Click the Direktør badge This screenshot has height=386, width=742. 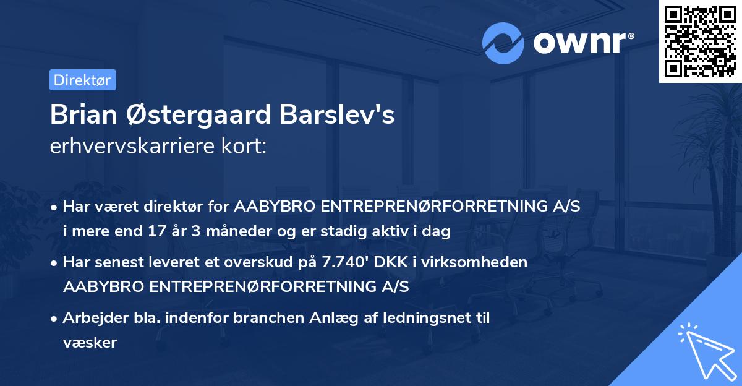click(82, 80)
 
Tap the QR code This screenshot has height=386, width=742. click(699, 41)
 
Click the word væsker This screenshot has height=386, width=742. click(90, 342)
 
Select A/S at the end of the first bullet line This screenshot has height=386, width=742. click(566, 207)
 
